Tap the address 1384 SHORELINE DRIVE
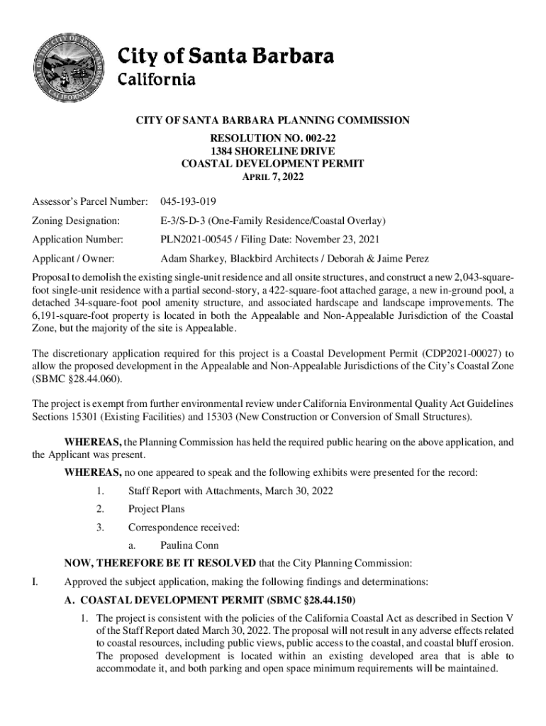(273, 150)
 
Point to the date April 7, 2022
(273, 177)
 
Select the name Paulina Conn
(189, 546)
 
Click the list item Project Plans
(156, 509)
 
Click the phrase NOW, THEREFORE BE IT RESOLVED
(160, 564)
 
